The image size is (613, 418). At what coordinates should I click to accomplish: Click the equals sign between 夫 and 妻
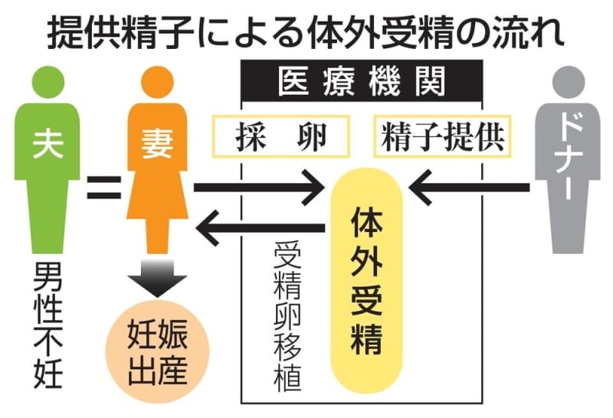coord(104,186)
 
